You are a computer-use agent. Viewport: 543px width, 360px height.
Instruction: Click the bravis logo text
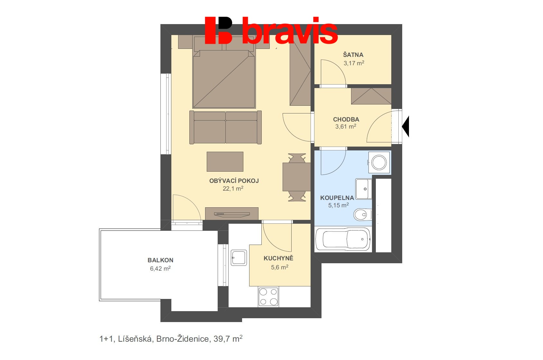pos(289,31)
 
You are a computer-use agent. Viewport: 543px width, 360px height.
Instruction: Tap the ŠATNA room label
pos(353,55)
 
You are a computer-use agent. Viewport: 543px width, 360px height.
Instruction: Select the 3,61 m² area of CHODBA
pos(346,127)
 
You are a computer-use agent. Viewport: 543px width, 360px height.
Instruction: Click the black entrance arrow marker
pos(406,127)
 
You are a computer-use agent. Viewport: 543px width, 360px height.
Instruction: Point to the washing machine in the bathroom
pos(379,162)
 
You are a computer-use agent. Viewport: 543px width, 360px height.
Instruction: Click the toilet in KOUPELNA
pos(363,214)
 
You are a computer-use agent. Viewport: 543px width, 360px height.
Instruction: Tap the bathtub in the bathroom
pos(343,239)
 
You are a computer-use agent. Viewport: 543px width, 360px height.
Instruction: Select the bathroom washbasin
pos(364,189)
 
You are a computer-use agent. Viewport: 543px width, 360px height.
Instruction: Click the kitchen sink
pos(239,258)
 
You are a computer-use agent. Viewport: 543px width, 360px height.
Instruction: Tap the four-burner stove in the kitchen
pos(268,297)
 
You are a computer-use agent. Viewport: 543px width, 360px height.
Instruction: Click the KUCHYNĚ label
pos(278,258)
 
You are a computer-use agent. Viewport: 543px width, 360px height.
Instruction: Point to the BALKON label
pos(160,260)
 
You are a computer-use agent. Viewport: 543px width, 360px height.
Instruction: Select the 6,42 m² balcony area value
pos(160,268)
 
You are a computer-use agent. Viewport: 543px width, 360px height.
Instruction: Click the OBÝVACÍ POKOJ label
pos(234,181)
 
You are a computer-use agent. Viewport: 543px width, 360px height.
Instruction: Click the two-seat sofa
pos(225,128)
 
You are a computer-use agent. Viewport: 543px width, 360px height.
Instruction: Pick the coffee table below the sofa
pos(225,162)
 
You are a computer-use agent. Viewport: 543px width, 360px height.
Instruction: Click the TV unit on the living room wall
pos(231,213)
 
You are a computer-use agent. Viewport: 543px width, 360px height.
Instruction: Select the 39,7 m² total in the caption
pos(228,339)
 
